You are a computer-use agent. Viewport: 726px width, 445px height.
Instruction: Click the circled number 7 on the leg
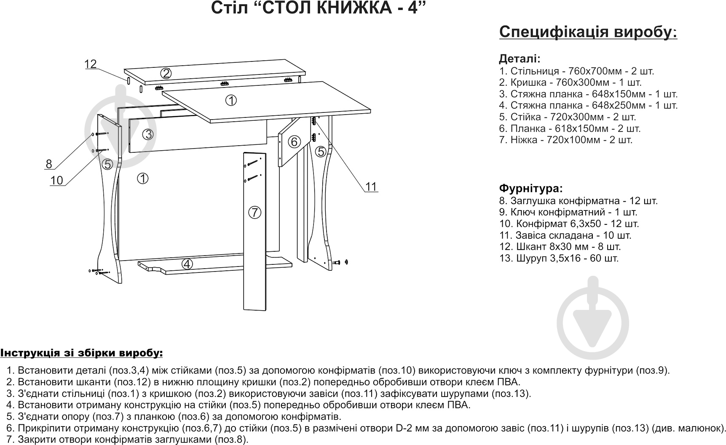pyautogui.click(x=255, y=213)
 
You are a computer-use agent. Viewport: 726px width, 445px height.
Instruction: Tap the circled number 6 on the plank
pyautogui.click(x=294, y=141)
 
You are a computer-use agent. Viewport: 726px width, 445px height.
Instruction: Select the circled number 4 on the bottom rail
pyautogui.click(x=187, y=264)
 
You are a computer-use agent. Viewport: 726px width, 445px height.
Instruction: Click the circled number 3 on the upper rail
pyautogui.click(x=147, y=134)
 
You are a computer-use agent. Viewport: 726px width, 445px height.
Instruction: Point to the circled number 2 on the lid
pyautogui.click(x=166, y=74)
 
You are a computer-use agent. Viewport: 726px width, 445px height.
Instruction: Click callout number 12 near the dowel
pyautogui.click(x=91, y=64)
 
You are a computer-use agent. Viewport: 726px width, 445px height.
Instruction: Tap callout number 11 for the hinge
pyautogui.click(x=371, y=187)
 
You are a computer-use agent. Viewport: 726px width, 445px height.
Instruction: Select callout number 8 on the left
pyautogui.click(x=49, y=164)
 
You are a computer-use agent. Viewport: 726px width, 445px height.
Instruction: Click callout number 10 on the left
pyautogui.click(x=56, y=181)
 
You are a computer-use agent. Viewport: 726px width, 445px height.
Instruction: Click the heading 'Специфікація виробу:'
pyautogui.click(x=588, y=32)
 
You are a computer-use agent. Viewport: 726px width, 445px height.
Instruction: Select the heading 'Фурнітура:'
pyautogui.click(x=530, y=188)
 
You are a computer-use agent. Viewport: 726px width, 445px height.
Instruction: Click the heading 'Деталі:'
pyautogui.click(x=520, y=59)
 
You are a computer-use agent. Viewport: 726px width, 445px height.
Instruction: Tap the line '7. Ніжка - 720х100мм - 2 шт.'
pyautogui.click(x=565, y=140)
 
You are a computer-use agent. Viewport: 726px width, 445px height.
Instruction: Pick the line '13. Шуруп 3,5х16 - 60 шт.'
pyautogui.click(x=559, y=258)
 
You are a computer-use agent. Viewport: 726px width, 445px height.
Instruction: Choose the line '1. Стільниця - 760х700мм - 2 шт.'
pyautogui.click(x=576, y=71)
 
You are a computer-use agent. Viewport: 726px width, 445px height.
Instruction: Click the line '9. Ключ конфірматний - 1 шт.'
pyautogui.click(x=568, y=212)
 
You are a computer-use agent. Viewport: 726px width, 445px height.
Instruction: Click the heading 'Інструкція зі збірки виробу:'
pyautogui.click(x=81, y=352)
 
